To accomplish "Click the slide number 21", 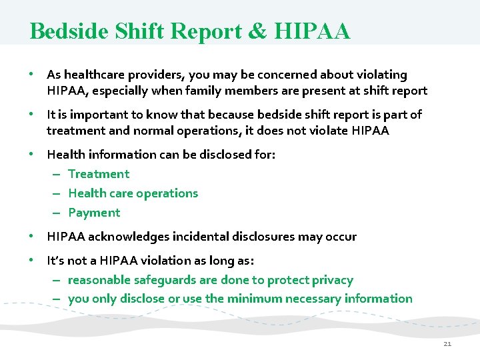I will click(x=447, y=343).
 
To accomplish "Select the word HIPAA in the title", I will click(x=313, y=31).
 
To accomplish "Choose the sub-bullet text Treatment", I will click(x=99, y=174).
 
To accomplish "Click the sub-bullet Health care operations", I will click(x=133, y=193).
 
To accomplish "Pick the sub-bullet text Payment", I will click(x=94, y=213).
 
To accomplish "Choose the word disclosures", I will click(x=267, y=237).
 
